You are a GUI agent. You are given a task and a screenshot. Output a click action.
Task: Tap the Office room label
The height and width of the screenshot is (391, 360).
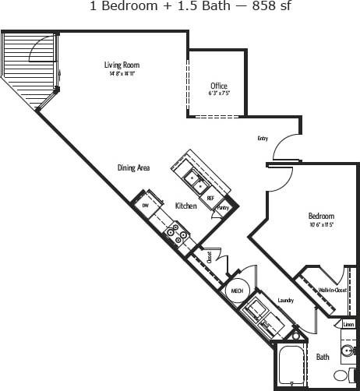click(219, 86)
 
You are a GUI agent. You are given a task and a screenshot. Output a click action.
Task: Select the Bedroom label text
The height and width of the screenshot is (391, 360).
click(321, 216)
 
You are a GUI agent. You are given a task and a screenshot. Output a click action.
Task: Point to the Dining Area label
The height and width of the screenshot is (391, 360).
click(133, 167)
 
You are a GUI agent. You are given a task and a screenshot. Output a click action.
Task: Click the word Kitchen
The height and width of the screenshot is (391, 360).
click(185, 206)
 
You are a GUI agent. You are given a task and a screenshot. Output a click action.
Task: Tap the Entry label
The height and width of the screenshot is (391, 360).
click(263, 139)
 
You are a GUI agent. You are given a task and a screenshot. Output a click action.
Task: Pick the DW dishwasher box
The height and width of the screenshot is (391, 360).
click(146, 205)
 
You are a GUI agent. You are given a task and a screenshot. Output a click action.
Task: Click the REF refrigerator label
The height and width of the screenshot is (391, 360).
click(210, 198)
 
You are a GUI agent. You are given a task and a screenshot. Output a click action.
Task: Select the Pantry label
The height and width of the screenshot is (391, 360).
click(223, 208)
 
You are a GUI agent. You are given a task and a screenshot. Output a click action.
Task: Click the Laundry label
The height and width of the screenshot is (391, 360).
click(284, 298)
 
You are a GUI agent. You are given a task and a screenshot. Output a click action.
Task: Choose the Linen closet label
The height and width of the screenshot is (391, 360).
click(348, 323)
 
